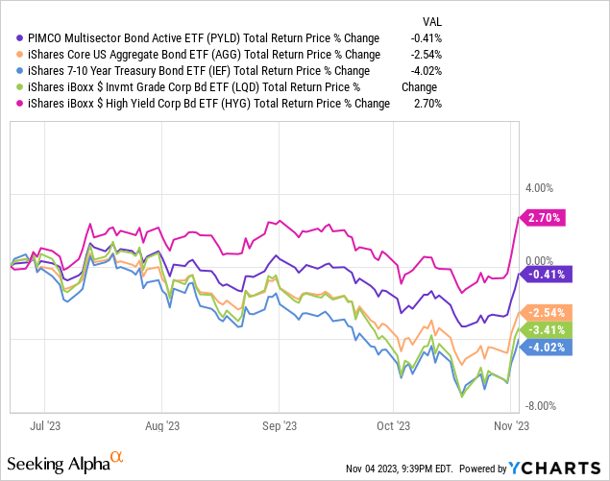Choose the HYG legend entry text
(207, 104)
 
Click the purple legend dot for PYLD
(21, 38)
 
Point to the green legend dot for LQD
(21, 87)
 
